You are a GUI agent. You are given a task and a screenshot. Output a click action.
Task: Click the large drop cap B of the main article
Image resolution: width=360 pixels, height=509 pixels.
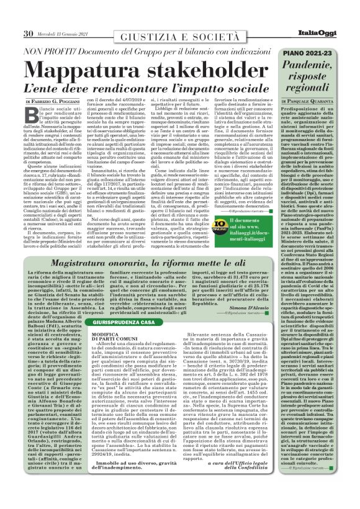(x=34, y=114)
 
